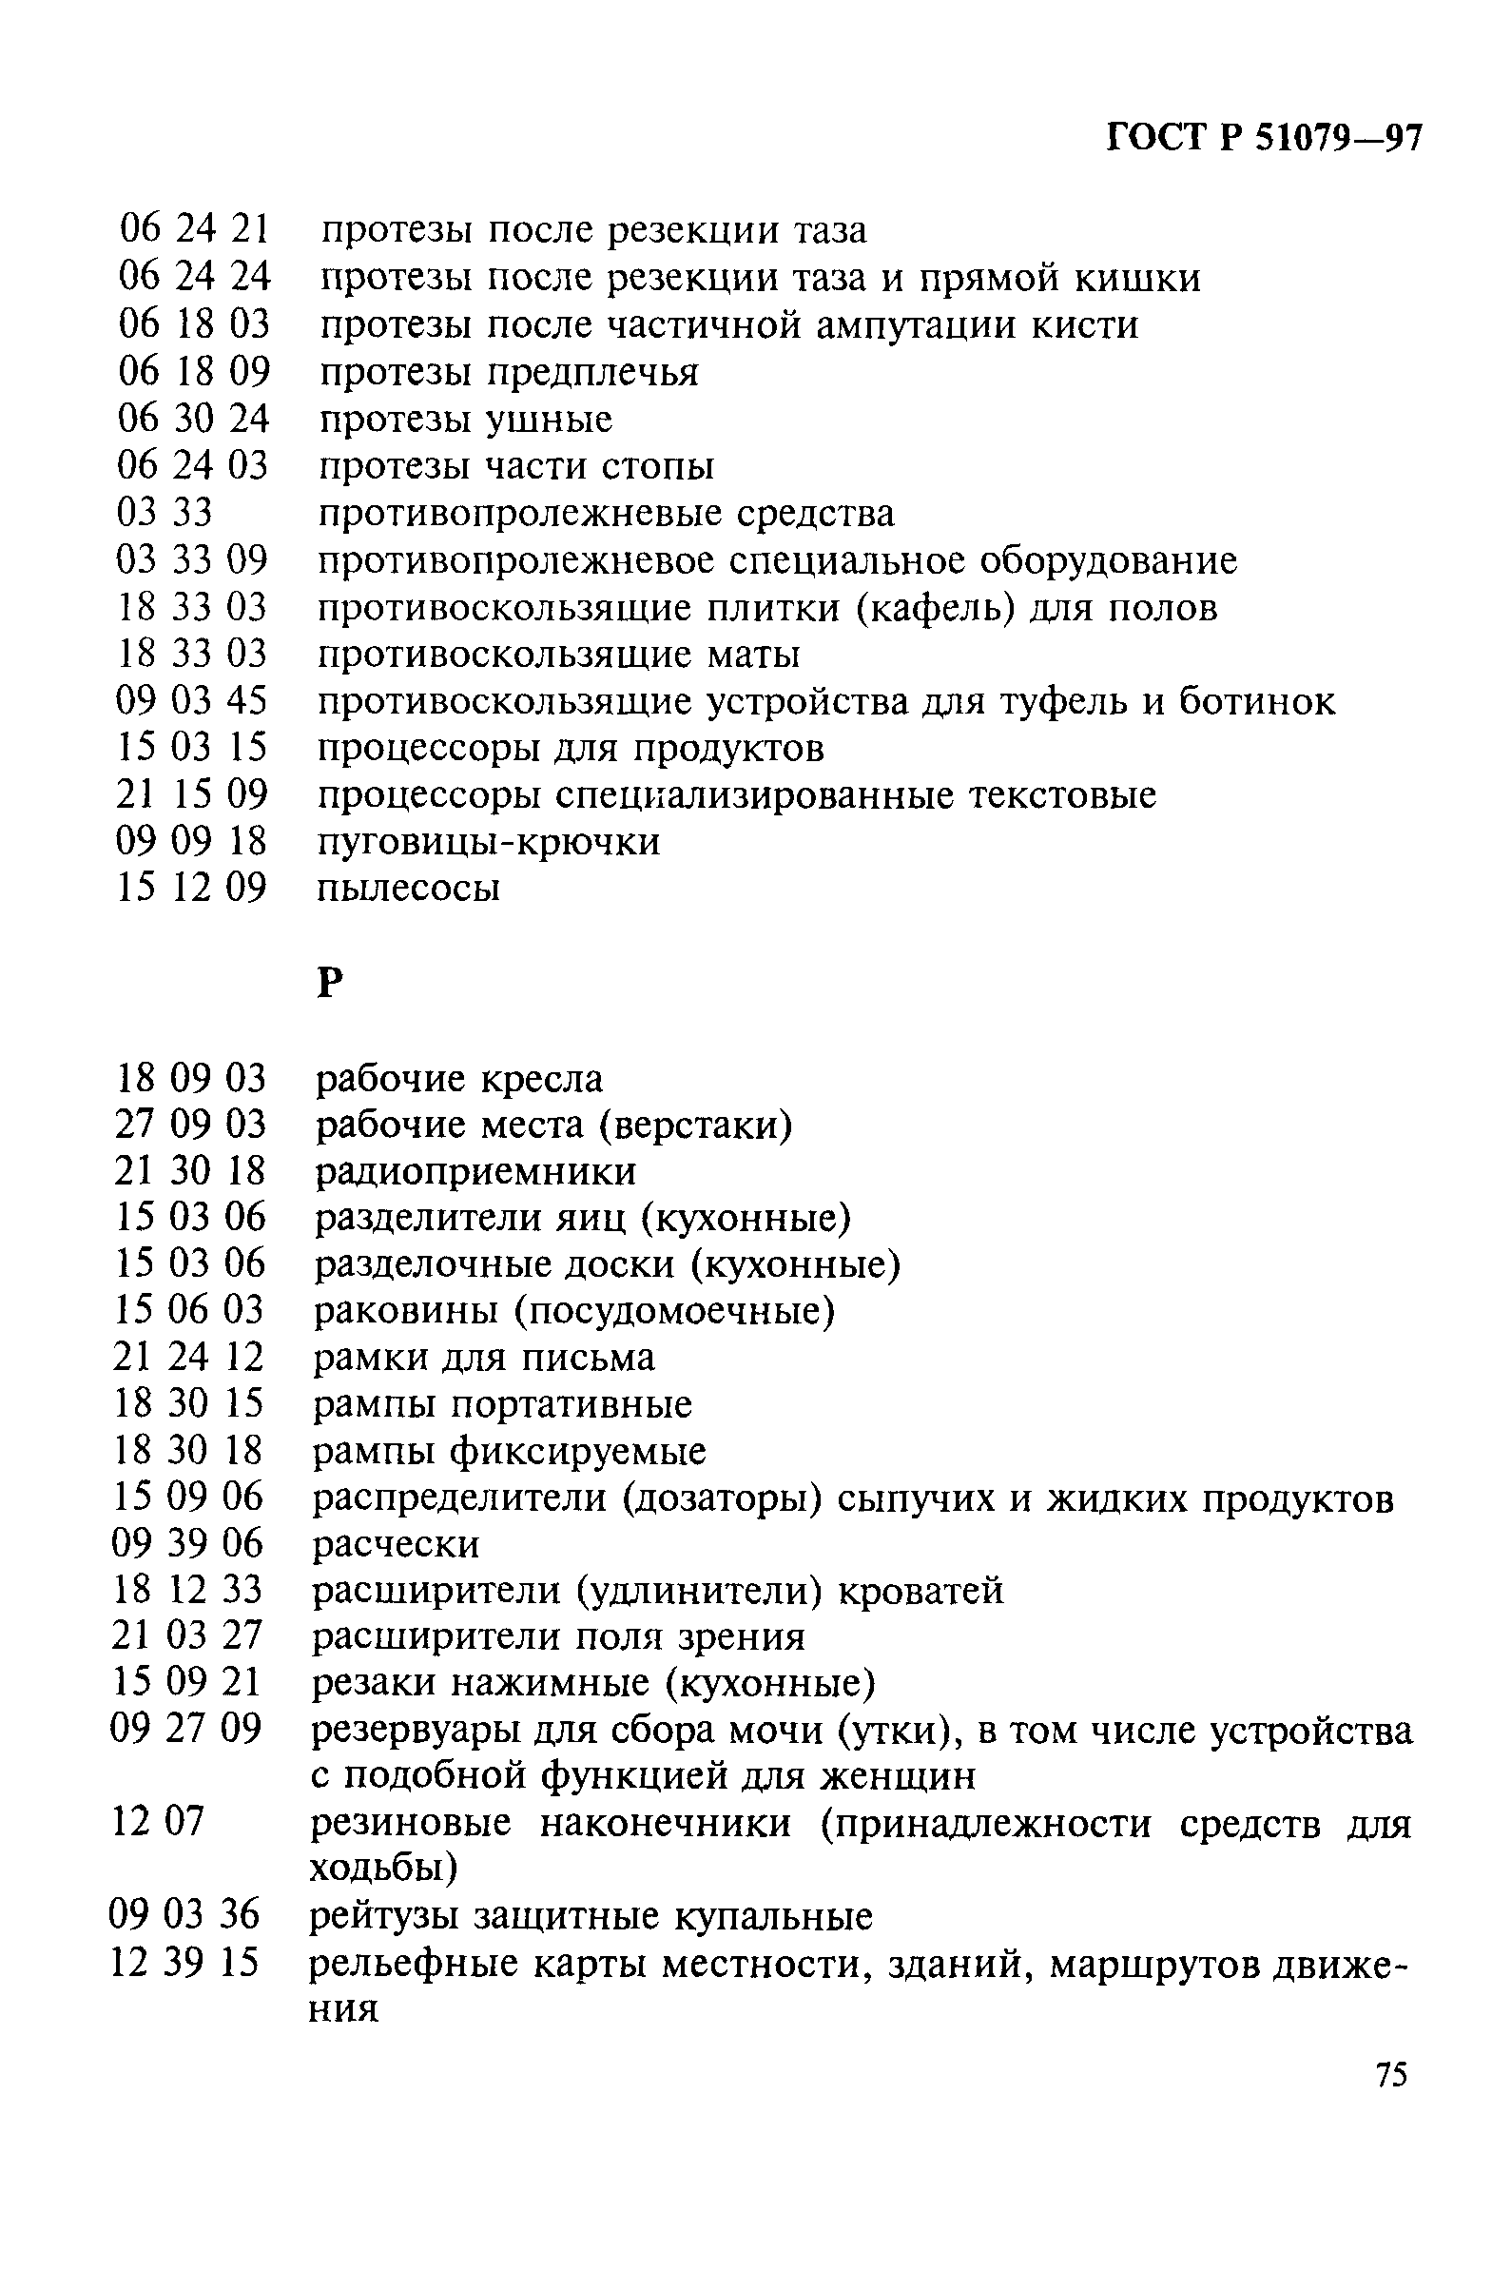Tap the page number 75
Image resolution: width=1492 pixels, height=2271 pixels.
tap(1391, 2102)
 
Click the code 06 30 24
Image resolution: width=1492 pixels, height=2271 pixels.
tap(194, 419)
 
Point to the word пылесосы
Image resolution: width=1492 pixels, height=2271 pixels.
tap(408, 889)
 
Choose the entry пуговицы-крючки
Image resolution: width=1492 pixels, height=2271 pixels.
tap(489, 842)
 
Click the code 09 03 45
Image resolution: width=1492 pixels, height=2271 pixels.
tap(192, 701)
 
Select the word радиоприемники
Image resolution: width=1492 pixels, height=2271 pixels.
tap(475, 1172)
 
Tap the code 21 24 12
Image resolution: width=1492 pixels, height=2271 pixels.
tap(188, 1357)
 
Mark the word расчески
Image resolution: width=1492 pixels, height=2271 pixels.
tap(397, 1544)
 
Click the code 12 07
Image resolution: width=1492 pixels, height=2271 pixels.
tap(158, 1822)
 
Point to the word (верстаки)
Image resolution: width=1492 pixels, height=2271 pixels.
tap(696, 1126)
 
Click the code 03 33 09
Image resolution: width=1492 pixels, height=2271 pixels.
tap(193, 560)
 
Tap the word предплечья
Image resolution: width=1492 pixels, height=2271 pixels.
tap(593, 372)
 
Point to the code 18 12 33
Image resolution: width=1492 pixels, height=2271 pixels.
tap(187, 1590)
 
